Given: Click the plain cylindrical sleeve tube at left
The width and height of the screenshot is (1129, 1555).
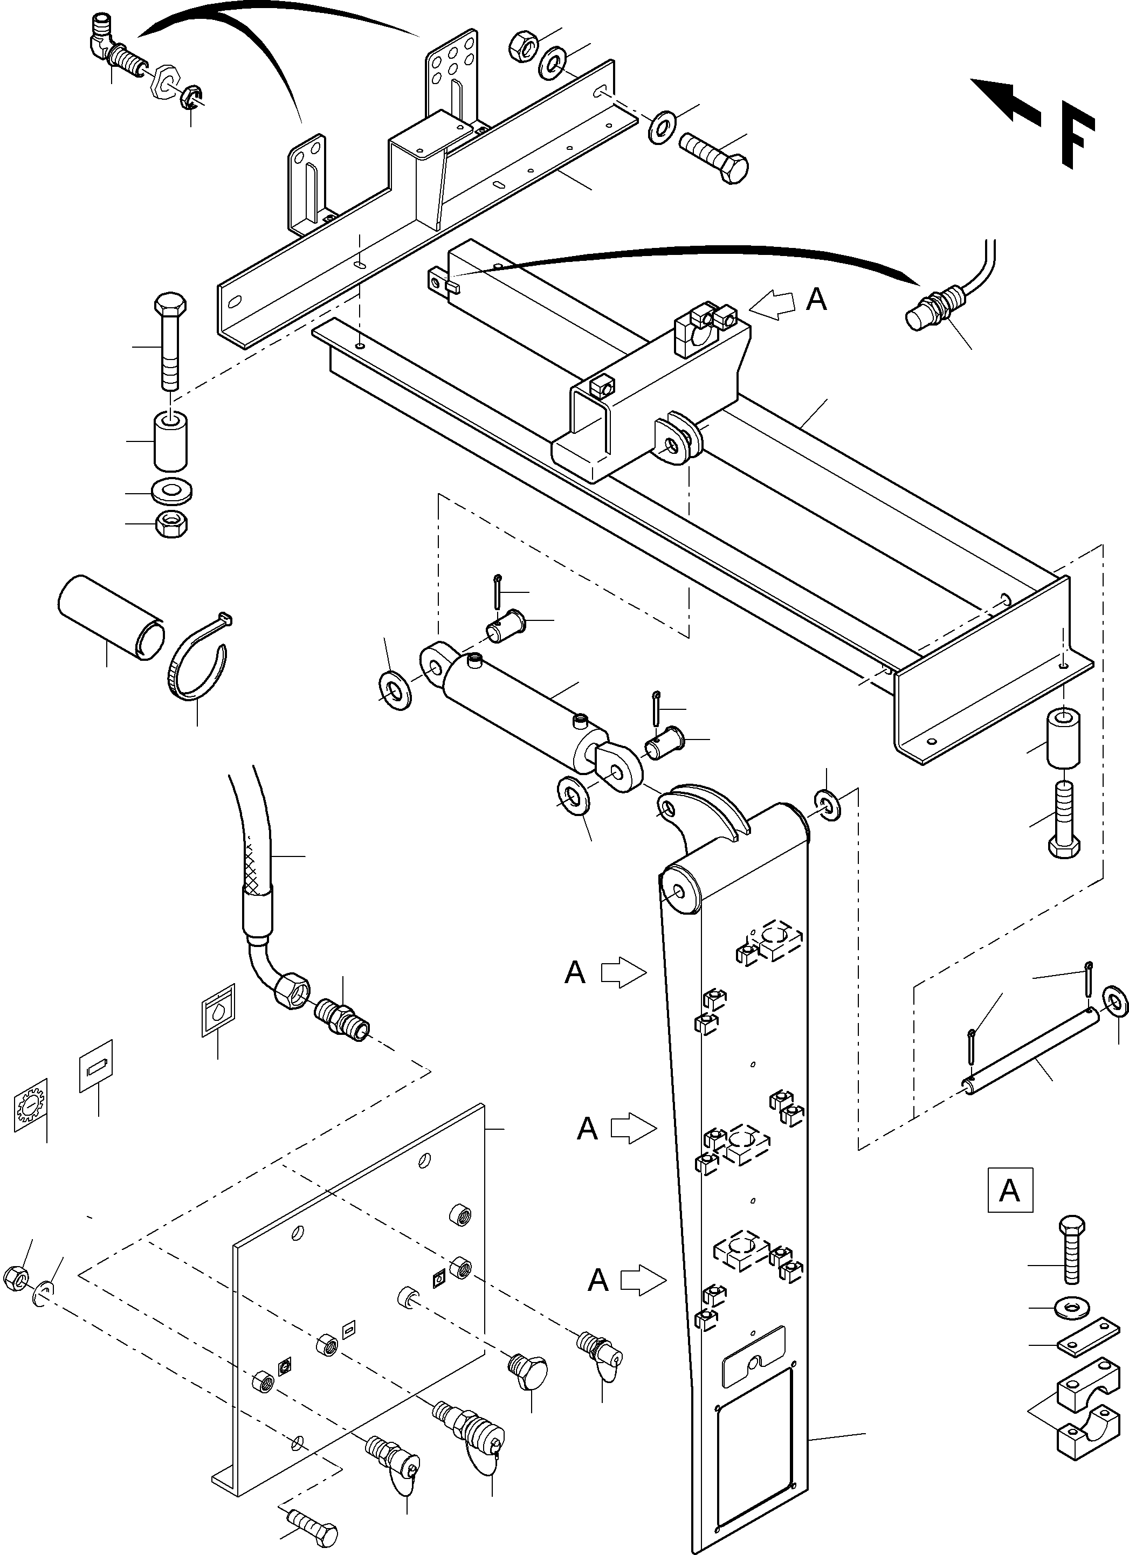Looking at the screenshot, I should pos(110,617).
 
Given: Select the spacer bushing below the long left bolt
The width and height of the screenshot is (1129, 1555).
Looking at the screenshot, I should pos(169,439).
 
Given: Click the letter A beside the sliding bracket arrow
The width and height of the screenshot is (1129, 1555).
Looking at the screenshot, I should pos(816,299).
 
